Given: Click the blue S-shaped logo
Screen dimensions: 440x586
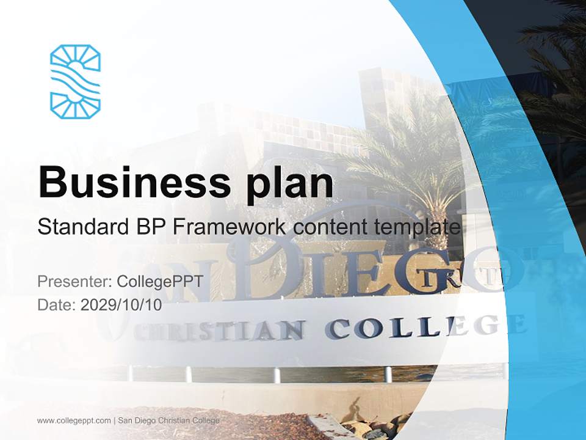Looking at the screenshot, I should [75, 81].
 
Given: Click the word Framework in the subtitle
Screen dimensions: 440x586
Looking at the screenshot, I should [230, 227].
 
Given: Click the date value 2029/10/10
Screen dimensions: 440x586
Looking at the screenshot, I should [121, 305].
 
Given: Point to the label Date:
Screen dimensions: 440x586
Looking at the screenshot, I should [57, 305].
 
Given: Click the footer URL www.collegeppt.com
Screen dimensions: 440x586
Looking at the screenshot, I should [74, 420].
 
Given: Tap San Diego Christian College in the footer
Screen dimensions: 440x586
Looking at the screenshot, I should [168, 420].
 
